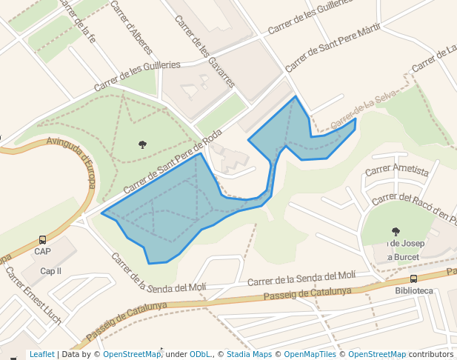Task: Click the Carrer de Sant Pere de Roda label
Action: (173, 162)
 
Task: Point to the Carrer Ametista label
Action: (397, 170)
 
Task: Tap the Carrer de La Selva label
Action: (364, 108)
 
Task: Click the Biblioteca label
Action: (414, 290)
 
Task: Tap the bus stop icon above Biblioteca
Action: (413, 279)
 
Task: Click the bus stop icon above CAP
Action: (42, 240)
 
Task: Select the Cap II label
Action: (50, 271)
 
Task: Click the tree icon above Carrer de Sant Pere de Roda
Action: (142, 144)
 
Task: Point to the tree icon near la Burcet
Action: (396, 231)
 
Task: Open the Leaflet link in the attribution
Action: (42, 355)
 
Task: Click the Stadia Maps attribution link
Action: (249, 355)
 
